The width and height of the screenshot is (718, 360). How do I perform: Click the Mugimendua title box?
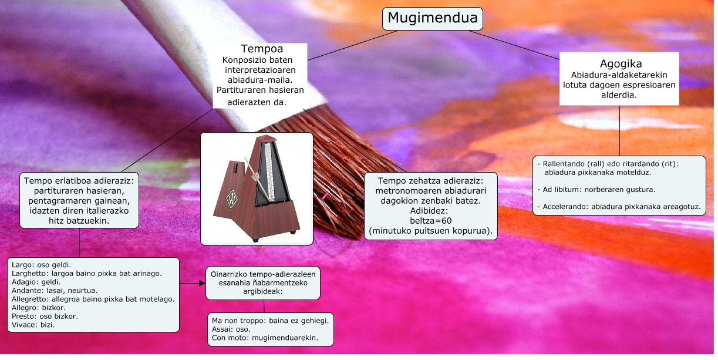(433, 19)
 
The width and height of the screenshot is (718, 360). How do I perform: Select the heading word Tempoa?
(262, 49)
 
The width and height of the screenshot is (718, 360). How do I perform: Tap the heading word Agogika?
(621, 64)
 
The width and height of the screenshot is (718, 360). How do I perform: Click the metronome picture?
(257, 188)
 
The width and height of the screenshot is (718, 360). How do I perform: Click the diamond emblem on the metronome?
(232, 198)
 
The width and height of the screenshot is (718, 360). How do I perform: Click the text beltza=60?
(430, 220)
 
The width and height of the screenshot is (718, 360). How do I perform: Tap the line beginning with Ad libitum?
(596, 190)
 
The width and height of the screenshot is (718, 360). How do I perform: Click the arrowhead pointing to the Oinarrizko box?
(202, 283)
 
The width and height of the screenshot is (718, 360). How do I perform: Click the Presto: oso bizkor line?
(45, 316)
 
